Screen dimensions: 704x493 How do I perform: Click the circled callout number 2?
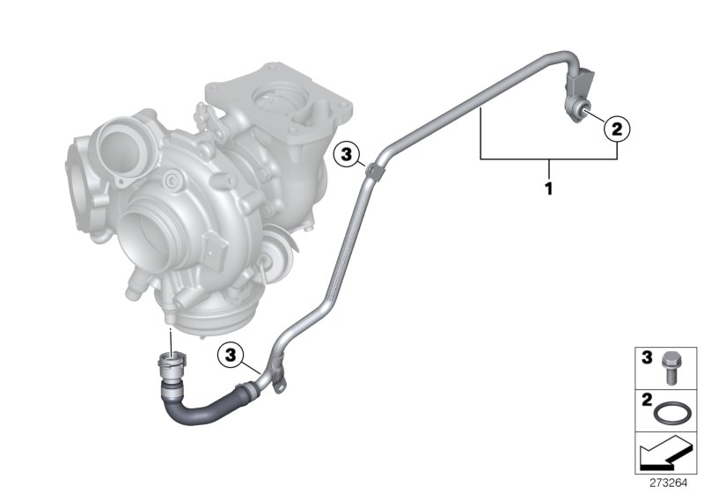pyautogui.click(x=617, y=129)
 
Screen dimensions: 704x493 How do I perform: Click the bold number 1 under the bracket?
pyautogui.click(x=548, y=188)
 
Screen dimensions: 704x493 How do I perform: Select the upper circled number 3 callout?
pyautogui.click(x=346, y=155)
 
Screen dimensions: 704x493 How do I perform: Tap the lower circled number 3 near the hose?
pyautogui.click(x=231, y=355)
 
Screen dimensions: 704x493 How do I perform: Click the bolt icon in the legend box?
pyautogui.click(x=669, y=368)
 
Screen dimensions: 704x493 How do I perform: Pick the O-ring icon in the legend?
pyautogui.click(x=670, y=412)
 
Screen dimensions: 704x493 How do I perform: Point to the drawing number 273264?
pyautogui.click(x=669, y=483)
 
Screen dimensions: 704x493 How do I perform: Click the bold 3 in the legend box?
pyautogui.click(x=647, y=357)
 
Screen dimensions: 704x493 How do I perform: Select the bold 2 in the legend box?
pyautogui.click(x=647, y=400)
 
